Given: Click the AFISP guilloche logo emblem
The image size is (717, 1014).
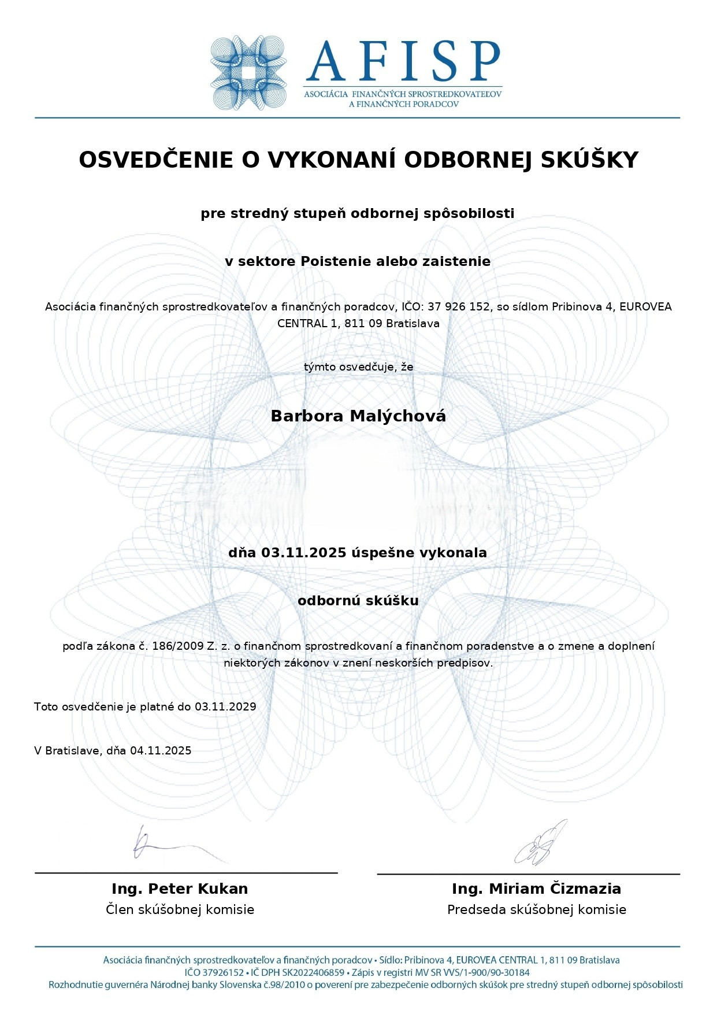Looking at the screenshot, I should tap(248, 73).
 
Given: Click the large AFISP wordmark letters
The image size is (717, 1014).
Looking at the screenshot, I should tap(403, 61).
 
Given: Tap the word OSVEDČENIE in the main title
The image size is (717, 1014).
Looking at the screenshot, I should tap(156, 160).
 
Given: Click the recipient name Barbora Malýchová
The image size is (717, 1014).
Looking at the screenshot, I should tap(358, 416).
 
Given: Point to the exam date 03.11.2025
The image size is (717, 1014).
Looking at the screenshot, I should tap(303, 553).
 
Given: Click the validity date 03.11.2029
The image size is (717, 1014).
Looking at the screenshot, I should tap(225, 706).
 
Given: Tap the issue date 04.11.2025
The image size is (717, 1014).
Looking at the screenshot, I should tap(161, 750).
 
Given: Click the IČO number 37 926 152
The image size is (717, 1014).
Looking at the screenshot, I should tap(459, 306).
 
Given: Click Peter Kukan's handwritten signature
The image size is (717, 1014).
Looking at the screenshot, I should tap(173, 846).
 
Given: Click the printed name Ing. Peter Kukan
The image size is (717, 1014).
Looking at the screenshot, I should tap(180, 889).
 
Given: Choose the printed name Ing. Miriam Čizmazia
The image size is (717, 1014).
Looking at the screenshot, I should tap(536, 889).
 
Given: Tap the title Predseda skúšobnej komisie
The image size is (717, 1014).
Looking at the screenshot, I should tap(536, 909).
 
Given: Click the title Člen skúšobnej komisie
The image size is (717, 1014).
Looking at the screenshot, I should tap(180, 909).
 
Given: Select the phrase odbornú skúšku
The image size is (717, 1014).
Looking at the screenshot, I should tap(358, 601).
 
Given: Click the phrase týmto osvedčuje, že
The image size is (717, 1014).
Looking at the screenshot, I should tap(358, 367).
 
